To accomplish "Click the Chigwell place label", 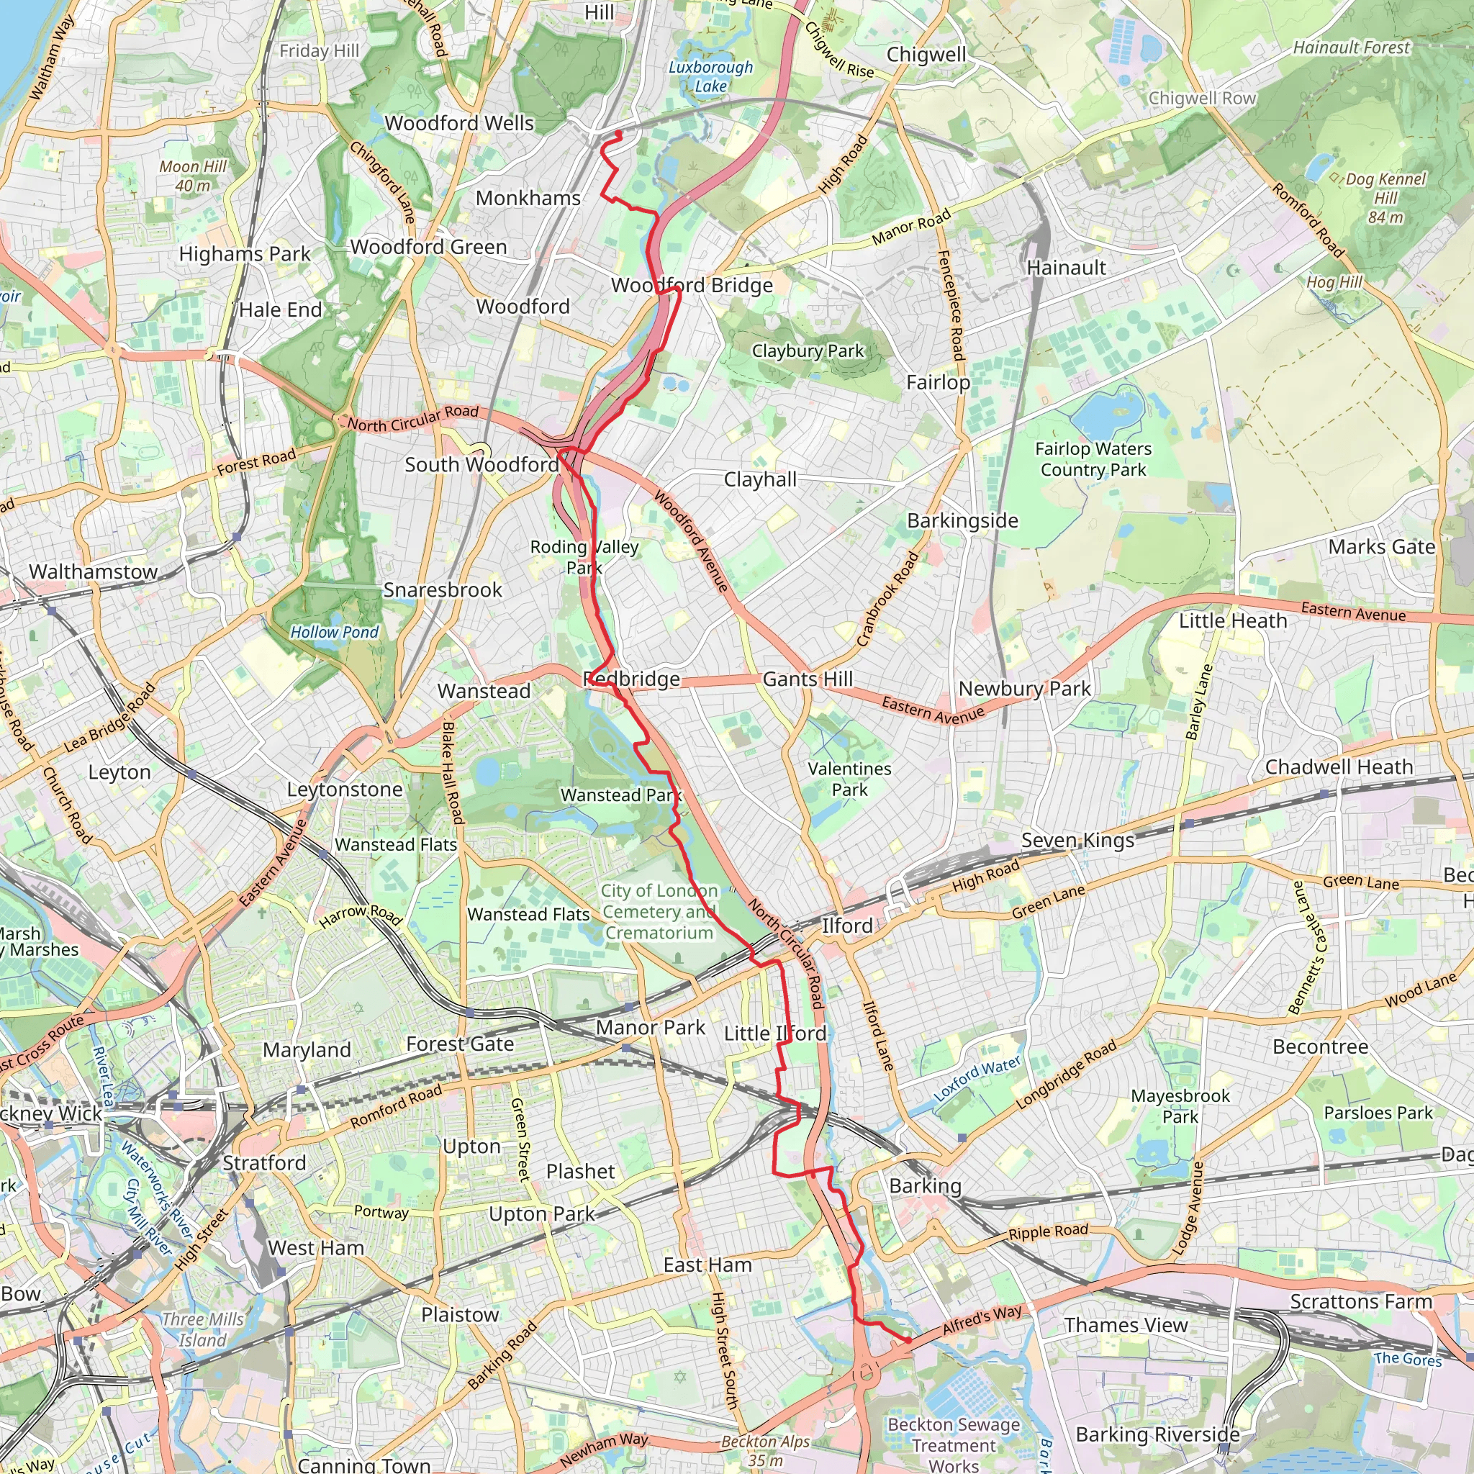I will pos(926,55).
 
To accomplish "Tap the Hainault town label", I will pos(1066,268).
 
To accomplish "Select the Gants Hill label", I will pos(808,678).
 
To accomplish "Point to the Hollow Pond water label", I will pos(334,632).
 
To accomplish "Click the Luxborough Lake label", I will pos(710,76).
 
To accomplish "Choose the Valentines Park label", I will pos(849,779).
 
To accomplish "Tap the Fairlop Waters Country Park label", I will pos(1093,459).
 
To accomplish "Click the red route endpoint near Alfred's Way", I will pos(908,1339).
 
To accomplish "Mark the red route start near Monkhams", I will pos(618,135).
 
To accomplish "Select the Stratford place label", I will pos(264,1163).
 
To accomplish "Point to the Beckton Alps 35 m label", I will pos(765,1450).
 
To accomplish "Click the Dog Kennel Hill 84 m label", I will pos(1385,199).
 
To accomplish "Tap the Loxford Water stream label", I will pos(977,1079).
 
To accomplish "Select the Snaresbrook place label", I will pos(443,589).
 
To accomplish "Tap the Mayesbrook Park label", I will pos(1180,1105).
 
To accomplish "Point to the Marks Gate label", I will pos(1381,547).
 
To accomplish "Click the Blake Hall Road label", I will pos(453,772).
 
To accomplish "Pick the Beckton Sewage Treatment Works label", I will pos(953,1445).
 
